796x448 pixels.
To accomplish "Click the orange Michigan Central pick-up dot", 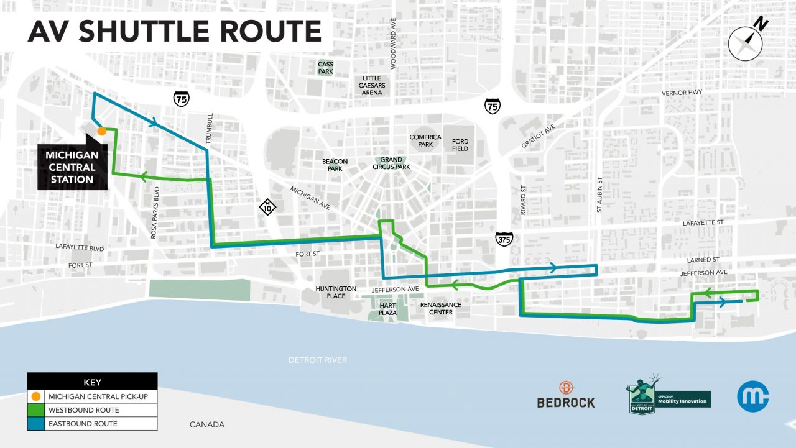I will (101, 130).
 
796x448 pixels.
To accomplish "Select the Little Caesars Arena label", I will (372, 85).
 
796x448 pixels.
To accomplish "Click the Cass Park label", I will (325, 68).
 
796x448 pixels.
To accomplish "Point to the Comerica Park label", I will (425, 140).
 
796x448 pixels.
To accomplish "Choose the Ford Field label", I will (460, 145).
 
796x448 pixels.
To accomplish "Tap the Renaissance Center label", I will (441, 308).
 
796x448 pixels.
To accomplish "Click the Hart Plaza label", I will (387, 308).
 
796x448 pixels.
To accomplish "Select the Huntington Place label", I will (336, 292).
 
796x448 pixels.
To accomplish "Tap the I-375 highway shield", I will (504, 239).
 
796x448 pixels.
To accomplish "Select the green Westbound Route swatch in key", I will (36, 410).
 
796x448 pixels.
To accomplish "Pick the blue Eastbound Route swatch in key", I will (36, 423).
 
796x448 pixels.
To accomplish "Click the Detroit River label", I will (318, 360).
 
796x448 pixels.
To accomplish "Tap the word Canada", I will (207, 424).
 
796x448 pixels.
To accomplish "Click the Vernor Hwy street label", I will (682, 93).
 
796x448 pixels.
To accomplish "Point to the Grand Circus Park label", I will (391, 163).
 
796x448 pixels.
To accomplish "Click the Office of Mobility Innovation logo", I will (669, 395).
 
